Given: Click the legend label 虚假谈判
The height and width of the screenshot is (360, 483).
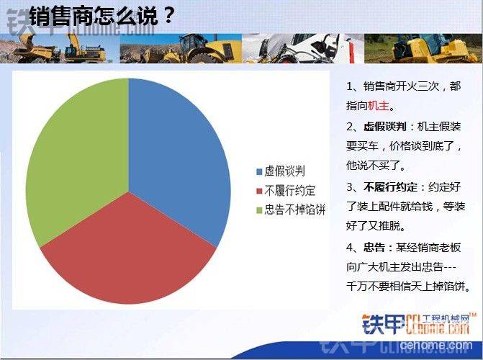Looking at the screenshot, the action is coord(284,171).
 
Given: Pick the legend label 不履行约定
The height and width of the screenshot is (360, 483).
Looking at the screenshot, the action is coord(290,191).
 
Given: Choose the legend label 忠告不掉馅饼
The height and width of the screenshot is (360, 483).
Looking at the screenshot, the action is coord(295,210).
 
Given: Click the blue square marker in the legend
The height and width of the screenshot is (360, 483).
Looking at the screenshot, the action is coord(259,171).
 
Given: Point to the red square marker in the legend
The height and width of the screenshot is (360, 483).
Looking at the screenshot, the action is coord(259,191).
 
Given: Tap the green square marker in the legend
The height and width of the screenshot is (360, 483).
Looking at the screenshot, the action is coord(259,210).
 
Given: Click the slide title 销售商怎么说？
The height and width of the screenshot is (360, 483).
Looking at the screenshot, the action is coord(102,16).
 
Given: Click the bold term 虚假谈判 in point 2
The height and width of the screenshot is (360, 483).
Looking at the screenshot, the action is coord(384,127).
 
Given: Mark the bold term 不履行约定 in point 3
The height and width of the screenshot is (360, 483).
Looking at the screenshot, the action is coord(390,187).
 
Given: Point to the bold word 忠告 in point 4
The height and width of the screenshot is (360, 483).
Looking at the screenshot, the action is coord(374,248).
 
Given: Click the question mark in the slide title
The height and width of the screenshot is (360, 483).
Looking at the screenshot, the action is coord(168,16).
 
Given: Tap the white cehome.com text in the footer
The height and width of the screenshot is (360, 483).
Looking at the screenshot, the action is coord(436,345).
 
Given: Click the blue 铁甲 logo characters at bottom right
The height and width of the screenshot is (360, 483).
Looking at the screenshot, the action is coord(383,325).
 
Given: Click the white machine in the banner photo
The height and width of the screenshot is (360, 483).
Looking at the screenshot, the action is coord(308,48).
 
